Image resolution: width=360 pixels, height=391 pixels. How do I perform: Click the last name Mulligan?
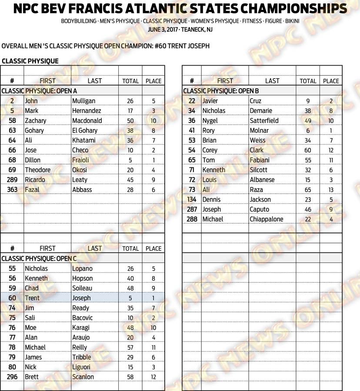tap(83, 101)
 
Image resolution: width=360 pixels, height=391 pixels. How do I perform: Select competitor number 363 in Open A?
tap(12, 189)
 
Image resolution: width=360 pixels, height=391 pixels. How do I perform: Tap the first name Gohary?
tap(34, 130)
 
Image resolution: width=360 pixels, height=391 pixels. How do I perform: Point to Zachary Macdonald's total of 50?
tap(130, 120)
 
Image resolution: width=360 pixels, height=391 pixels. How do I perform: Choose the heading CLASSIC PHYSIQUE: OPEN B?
tap(221, 91)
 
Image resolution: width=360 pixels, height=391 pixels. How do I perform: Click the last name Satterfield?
tap(267, 120)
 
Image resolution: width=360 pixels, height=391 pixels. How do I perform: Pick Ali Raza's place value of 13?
tap(331, 189)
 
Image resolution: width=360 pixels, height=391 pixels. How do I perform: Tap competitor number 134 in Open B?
tap(192, 199)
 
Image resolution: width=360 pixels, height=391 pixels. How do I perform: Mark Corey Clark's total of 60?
tap(308, 150)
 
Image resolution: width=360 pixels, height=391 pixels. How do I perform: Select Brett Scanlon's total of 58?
tap(130, 377)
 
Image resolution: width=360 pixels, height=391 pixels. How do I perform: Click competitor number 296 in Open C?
tap(12, 377)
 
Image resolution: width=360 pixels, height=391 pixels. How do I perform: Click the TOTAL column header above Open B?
tap(308, 81)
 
